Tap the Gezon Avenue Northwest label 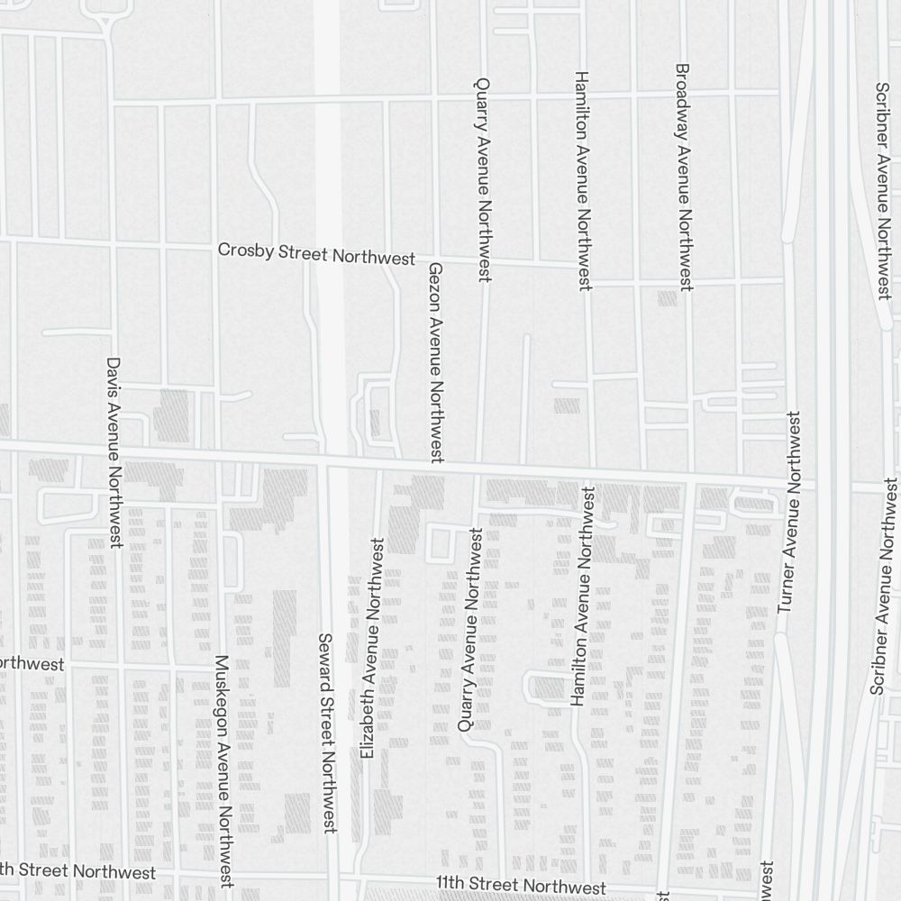click(435, 362)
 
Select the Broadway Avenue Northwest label click(684, 177)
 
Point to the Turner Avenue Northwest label click(789, 513)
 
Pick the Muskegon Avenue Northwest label click(223, 770)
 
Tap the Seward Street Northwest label click(327, 732)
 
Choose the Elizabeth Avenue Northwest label click(371, 647)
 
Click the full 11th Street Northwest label click(521, 887)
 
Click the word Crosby click(246, 250)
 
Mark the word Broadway click(682, 95)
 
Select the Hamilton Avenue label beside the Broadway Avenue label click(582, 180)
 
